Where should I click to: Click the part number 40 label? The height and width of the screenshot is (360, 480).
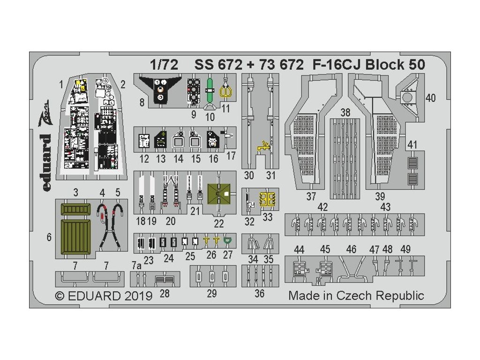coord(431,98)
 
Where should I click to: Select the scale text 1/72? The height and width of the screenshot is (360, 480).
coord(164,65)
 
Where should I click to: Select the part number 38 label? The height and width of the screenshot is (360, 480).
coord(345,112)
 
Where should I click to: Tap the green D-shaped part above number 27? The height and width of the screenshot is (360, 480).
coord(228,241)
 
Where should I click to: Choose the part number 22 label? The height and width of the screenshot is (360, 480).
coord(218,224)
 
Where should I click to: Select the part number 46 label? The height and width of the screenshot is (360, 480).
coord(351,249)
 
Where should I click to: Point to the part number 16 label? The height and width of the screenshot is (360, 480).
coord(213,158)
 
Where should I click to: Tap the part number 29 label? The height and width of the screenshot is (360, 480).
coord(212,293)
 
